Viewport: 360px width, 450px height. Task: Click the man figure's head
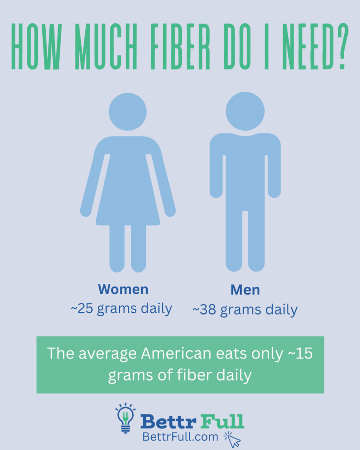[245, 111]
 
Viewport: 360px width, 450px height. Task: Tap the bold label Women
[123, 289]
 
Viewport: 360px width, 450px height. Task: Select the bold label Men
[245, 290]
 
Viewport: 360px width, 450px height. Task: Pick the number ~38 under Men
[205, 310]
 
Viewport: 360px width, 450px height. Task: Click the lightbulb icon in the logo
[125, 417]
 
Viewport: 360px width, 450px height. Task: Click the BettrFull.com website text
[180, 437]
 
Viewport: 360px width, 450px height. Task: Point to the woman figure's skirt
[127, 198]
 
